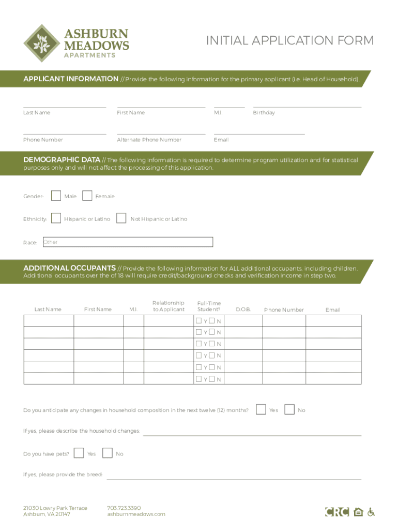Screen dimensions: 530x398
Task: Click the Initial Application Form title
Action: tap(289, 40)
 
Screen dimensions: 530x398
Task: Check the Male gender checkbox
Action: tap(56, 196)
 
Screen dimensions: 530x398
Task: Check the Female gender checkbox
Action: tap(87, 196)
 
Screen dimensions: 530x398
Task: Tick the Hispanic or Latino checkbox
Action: tap(56, 218)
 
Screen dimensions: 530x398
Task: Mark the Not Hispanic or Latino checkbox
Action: tap(121, 218)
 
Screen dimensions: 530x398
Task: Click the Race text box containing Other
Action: tap(127, 242)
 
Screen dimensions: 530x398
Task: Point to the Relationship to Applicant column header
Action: tap(169, 306)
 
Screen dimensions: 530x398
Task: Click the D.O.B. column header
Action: tap(243, 310)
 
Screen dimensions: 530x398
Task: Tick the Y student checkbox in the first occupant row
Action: tap(199, 321)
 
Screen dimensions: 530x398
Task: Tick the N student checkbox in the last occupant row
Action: tap(212, 379)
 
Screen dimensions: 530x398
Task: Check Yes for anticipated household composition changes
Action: tap(262, 409)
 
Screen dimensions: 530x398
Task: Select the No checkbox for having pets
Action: tap(108, 453)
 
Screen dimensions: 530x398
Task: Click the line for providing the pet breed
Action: tap(234, 475)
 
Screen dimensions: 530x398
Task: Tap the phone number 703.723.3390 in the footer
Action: tap(124, 508)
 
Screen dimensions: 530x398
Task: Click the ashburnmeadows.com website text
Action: tap(136, 514)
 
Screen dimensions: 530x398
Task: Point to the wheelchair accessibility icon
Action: tap(371, 512)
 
